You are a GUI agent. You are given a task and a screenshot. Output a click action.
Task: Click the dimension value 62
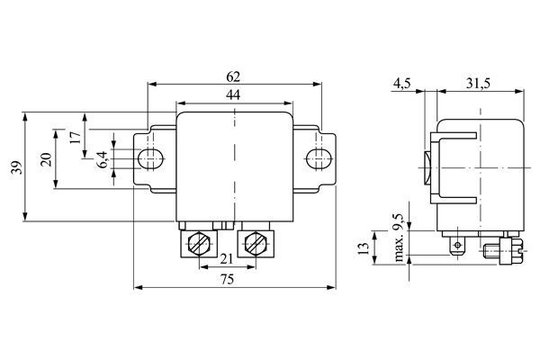coord(234,77)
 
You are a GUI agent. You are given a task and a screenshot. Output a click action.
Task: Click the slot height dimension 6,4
coord(103,159)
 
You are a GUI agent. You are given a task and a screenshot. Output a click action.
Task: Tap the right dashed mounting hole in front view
coord(316,159)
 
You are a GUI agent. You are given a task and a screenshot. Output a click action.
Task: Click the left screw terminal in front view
coord(201,243)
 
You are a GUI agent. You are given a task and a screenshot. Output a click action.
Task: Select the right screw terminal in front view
coord(255,243)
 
